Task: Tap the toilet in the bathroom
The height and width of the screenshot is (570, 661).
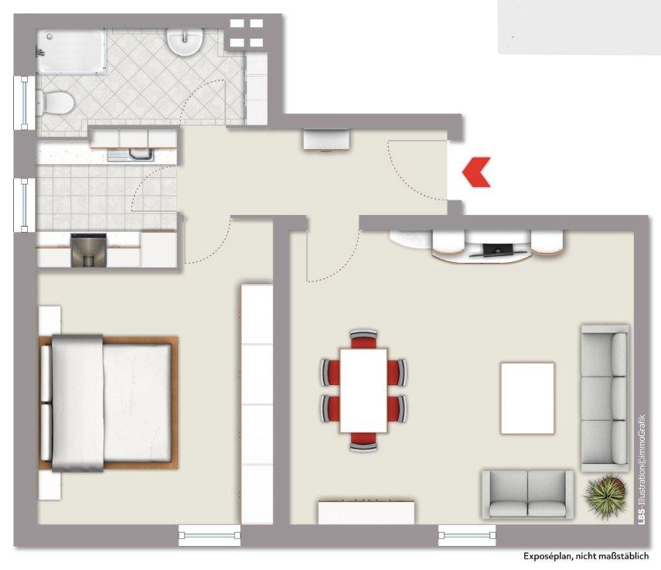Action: click(x=56, y=103)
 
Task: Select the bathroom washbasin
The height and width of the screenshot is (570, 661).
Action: click(x=186, y=41)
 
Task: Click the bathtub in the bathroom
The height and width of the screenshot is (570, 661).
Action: click(x=70, y=52)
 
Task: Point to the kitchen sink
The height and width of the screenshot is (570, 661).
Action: click(x=130, y=155)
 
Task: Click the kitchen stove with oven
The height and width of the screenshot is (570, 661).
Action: click(x=88, y=250)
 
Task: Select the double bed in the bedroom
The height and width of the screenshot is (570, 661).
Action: click(x=108, y=403)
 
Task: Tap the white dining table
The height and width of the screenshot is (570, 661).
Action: click(x=363, y=391)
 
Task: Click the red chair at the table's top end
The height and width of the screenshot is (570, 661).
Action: click(x=363, y=339)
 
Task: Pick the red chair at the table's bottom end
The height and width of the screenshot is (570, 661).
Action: click(x=363, y=442)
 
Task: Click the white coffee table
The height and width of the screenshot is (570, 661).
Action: click(x=527, y=398)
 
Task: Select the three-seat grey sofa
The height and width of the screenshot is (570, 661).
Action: click(x=605, y=398)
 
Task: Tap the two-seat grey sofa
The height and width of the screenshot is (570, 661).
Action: click(x=528, y=494)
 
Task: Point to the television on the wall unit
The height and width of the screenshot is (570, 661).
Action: click(x=497, y=250)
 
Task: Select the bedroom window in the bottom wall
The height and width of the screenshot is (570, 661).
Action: click(x=210, y=535)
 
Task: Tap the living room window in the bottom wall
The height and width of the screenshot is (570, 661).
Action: click(x=467, y=535)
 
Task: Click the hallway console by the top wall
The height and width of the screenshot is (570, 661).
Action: click(x=327, y=141)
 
